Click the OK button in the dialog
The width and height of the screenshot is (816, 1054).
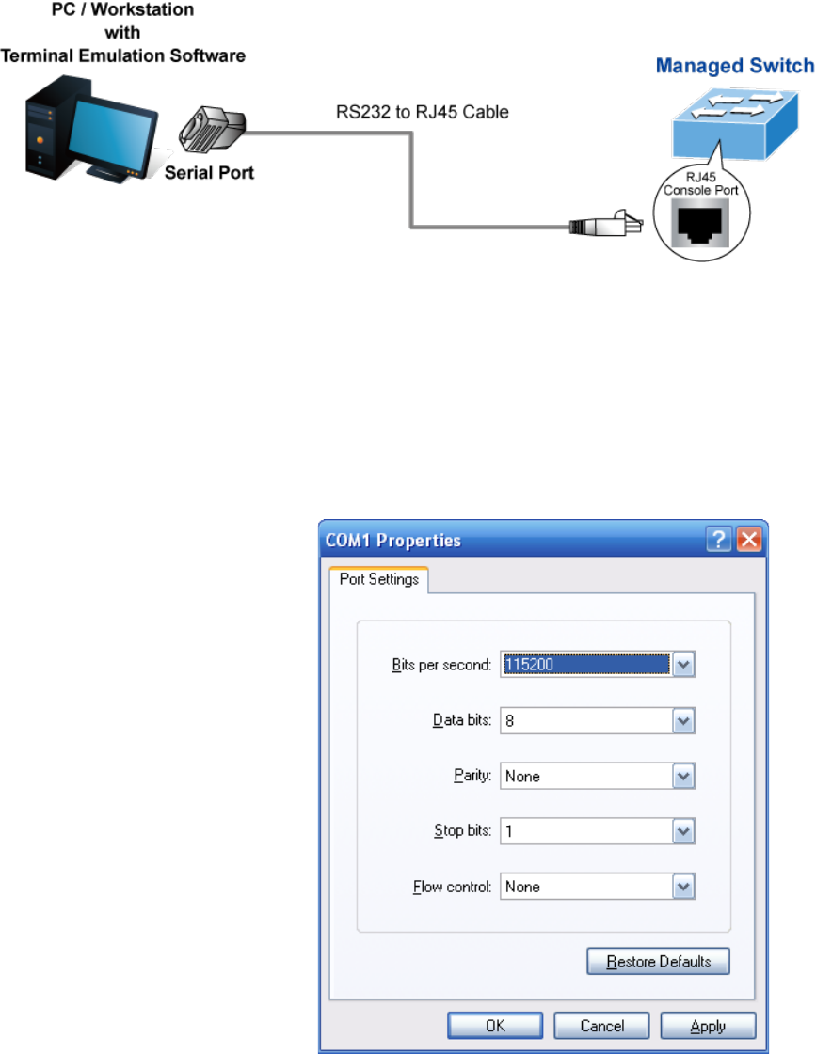(x=495, y=1026)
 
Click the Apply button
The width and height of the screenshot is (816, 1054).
(x=708, y=1026)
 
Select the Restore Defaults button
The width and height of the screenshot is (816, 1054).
(x=658, y=962)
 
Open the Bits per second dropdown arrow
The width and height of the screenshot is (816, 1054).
(x=684, y=665)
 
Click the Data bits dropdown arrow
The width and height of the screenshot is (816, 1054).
(x=684, y=721)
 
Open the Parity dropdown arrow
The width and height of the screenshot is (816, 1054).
(x=684, y=777)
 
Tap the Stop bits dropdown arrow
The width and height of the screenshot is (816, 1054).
(x=684, y=831)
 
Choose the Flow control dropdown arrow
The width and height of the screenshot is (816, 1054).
(x=684, y=887)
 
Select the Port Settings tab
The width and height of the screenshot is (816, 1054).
(x=379, y=579)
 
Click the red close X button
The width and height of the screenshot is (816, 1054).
(x=748, y=540)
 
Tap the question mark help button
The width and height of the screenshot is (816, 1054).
(x=721, y=540)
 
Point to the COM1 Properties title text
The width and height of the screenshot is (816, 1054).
(x=393, y=541)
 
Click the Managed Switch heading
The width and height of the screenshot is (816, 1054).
(x=734, y=67)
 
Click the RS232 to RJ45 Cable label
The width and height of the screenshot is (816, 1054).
(x=423, y=113)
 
